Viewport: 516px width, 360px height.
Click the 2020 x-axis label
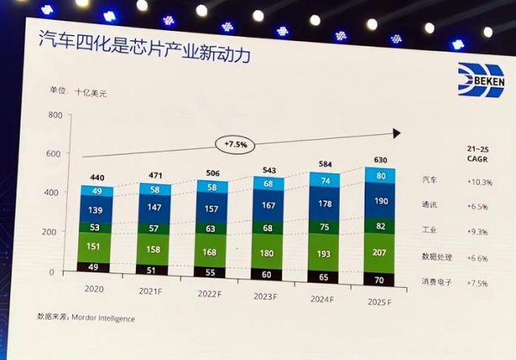click(96, 290)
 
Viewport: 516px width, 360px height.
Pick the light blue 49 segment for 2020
click(96, 192)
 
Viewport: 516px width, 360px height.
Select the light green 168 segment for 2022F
click(212, 252)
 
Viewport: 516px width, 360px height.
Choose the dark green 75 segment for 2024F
click(324, 228)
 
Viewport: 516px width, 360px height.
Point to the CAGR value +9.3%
click(478, 232)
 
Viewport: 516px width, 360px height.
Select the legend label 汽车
click(430, 180)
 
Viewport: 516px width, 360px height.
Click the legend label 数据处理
click(436, 257)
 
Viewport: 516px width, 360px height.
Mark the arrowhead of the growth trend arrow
click(397, 132)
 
